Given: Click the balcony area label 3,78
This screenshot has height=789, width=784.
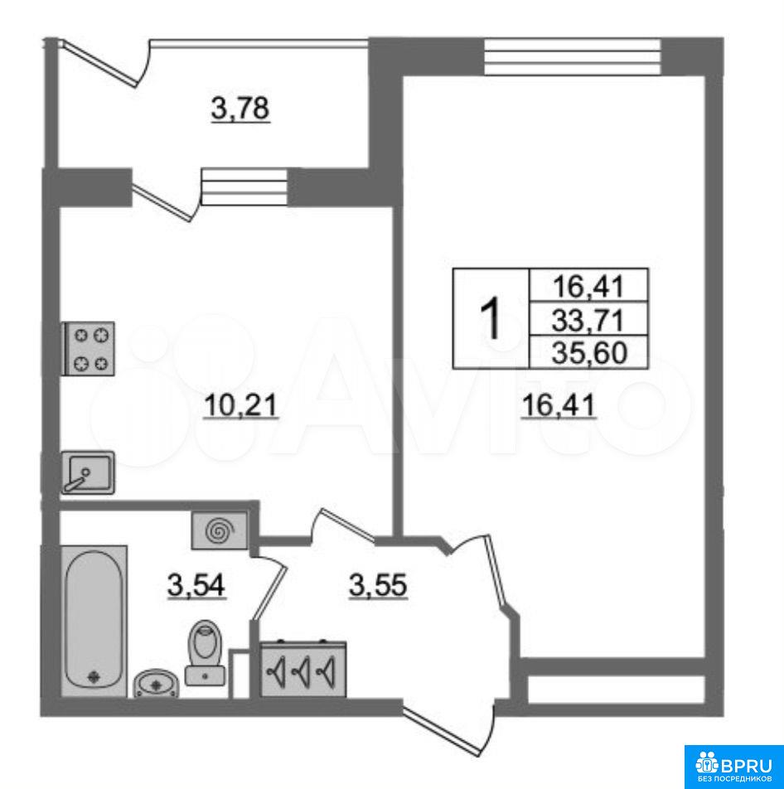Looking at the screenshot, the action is tap(240, 109).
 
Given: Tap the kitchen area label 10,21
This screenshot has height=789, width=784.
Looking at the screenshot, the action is tap(240, 405).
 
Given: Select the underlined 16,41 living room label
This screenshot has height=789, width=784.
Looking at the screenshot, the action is tap(559, 405).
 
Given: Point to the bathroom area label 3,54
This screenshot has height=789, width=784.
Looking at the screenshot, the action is tap(196, 586).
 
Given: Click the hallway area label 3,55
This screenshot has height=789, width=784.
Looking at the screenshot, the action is tap(377, 586).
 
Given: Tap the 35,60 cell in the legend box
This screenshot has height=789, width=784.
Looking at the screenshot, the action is tap(588, 352).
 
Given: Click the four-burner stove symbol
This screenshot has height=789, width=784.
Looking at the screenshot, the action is tap(88, 348).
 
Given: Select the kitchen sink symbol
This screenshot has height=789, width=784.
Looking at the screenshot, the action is tap(88, 472).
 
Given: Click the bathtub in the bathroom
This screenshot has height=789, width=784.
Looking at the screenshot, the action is tap(94, 621).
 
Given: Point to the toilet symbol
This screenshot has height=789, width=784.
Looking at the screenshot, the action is tap(206, 652).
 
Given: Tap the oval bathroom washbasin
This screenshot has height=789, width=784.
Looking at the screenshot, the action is tap(156, 683).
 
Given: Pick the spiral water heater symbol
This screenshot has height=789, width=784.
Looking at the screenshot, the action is tap(220, 530).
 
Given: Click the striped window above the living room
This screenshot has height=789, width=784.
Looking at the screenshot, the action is tap(572, 57).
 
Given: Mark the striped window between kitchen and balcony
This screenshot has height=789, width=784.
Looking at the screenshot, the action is tap(244, 186).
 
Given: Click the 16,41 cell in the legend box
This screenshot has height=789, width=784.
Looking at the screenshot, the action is tap(588, 286).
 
